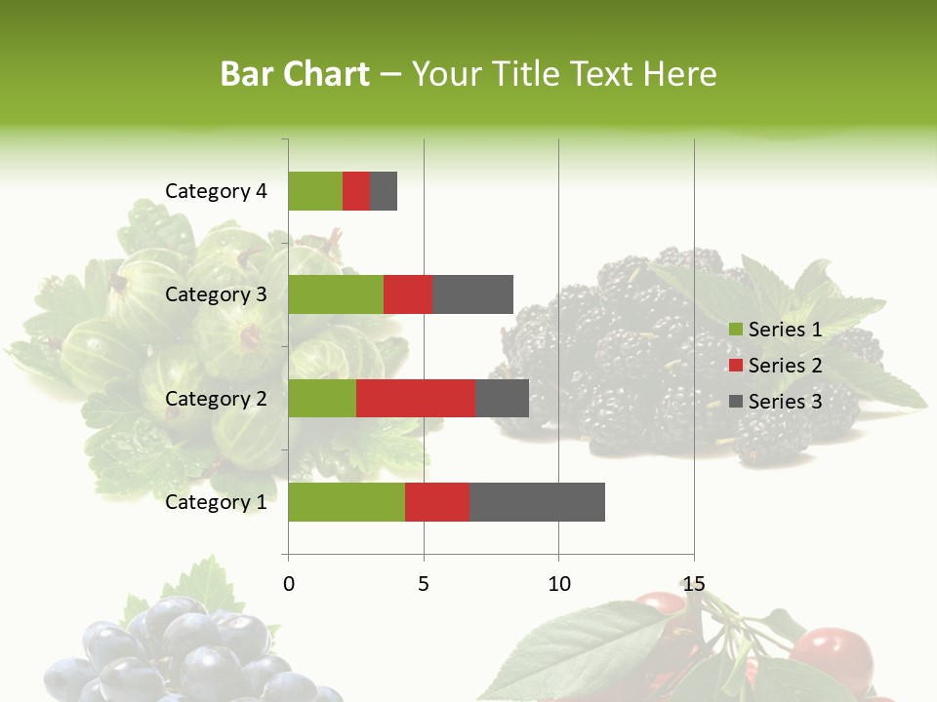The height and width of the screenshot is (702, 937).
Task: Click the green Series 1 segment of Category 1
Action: coord(346,501)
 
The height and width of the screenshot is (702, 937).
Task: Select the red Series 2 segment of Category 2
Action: coord(416,398)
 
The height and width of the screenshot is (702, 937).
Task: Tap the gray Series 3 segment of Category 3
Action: coord(472,294)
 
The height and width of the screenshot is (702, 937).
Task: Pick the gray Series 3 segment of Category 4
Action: coord(384,191)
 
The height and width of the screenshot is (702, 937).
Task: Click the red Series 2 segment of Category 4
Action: coord(356,191)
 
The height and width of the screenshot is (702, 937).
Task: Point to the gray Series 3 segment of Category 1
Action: coord(537,501)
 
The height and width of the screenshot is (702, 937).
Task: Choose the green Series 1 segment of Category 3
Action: coord(336,294)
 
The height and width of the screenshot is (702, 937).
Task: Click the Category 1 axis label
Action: coord(216,502)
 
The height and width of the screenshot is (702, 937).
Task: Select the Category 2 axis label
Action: coord(216,398)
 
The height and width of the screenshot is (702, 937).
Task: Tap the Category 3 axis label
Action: coord(216,294)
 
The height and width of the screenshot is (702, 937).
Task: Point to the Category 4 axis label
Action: coord(216,191)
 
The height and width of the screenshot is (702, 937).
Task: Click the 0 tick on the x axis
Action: coord(289,584)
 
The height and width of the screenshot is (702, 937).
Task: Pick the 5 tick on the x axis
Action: coord(424,584)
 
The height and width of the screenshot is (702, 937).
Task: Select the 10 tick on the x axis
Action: coord(558,584)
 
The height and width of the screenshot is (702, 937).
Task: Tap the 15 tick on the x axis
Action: coord(693,584)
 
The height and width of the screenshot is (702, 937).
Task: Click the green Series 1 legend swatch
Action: coord(735,330)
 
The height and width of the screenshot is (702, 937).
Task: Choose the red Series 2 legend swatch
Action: coord(735,366)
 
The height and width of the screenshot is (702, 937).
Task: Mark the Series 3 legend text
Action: coord(785,402)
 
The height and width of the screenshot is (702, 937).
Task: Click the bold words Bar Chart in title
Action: coord(295,74)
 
